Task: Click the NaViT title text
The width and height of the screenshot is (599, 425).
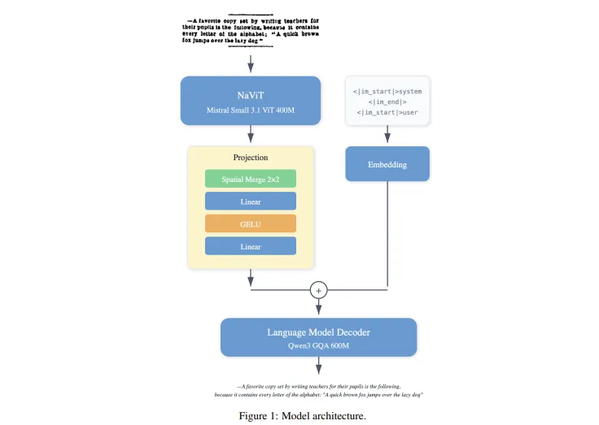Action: click(x=251, y=95)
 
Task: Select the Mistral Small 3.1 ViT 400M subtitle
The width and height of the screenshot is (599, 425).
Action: click(x=251, y=110)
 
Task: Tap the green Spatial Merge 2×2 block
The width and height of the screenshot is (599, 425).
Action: click(x=251, y=179)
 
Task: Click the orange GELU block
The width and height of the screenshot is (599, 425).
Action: click(x=251, y=223)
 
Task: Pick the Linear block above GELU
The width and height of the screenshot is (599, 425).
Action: click(x=251, y=201)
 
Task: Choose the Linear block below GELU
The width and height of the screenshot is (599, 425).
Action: click(x=251, y=246)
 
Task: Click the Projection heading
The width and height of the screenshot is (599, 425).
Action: click(x=251, y=158)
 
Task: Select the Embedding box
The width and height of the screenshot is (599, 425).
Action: click(x=387, y=164)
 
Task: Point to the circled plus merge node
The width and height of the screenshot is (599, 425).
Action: click(x=319, y=289)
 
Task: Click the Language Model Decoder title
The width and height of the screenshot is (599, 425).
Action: click(x=319, y=332)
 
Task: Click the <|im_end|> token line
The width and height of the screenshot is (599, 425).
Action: click(x=387, y=102)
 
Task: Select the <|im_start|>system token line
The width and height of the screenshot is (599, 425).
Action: click(x=387, y=91)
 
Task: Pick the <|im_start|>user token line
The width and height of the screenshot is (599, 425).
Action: click(x=387, y=112)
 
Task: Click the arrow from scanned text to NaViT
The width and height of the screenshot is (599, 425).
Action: click(x=251, y=63)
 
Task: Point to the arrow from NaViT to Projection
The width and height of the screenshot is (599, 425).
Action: click(x=251, y=135)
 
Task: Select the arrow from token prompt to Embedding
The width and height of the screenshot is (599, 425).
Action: click(x=387, y=136)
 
